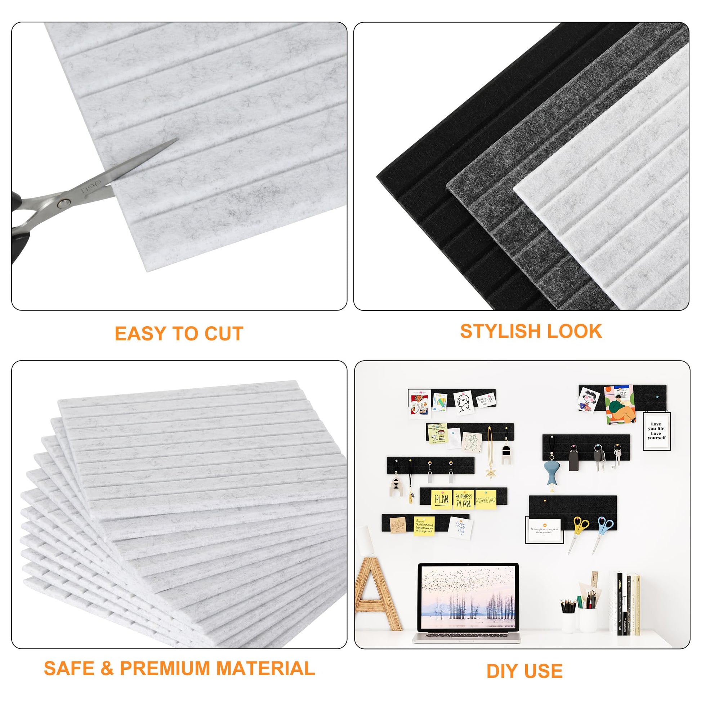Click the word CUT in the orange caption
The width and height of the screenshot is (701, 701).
pos(223,334)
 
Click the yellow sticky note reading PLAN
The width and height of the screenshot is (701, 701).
pos(441,499)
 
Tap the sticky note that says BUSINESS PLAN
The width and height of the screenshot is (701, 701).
pos(463,499)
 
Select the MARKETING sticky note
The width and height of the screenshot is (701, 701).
pos(486,500)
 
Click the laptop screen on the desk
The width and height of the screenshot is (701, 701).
pos(468,597)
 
